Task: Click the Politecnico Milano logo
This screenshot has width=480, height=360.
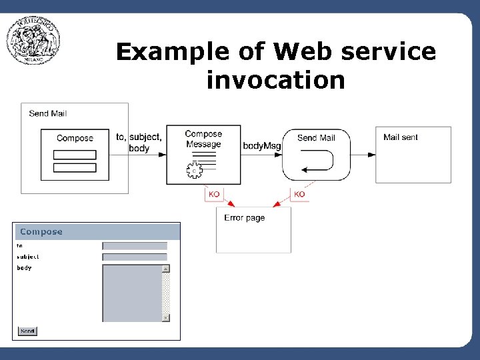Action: pos(33,41)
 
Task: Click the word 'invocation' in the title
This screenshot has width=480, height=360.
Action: pos(275,80)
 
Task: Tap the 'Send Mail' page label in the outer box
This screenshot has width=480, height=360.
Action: pos(47,113)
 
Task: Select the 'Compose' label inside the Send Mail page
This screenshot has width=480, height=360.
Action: pos(75,138)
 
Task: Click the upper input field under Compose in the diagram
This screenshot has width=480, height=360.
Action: pos(75,155)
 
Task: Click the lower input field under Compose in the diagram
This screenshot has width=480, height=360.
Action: pos(75,167)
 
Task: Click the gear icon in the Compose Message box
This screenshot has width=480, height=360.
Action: pos(194,171)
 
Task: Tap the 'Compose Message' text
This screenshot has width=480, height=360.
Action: pos(203,139)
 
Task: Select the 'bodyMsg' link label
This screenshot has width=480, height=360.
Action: pos(262,145)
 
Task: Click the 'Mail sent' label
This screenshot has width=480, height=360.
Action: pos(401,137)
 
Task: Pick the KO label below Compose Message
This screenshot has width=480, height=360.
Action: pos(214,194)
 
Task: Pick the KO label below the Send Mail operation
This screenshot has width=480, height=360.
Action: pos(299,194)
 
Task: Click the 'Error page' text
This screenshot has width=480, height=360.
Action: pos(244,218)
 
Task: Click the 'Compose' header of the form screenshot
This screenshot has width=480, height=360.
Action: pos(41,232)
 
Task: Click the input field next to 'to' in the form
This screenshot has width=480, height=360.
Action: pos(135,246)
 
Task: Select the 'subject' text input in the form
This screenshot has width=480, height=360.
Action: pos(135,257)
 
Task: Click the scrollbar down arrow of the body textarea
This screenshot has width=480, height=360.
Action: pos(166,318)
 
